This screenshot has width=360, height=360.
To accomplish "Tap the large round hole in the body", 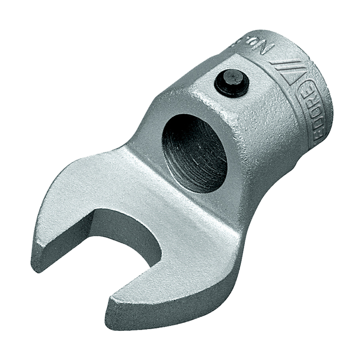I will [x=194, y=153].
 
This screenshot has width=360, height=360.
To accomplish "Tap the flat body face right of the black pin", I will [x=262, y=118].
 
